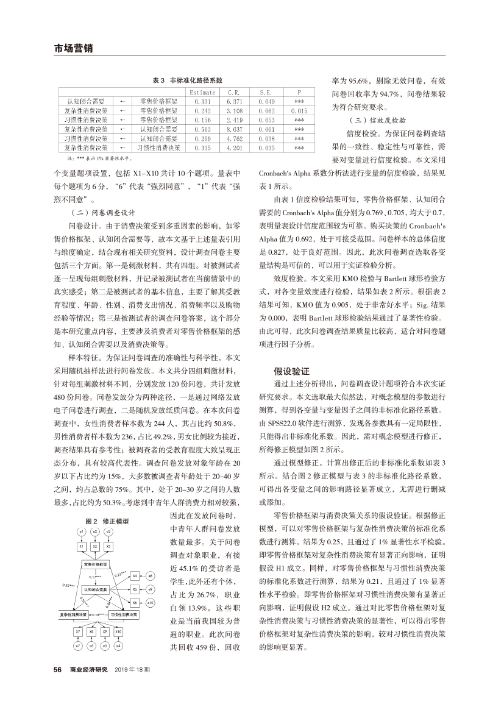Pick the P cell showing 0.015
299,111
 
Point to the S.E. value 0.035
266,147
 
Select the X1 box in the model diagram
80,547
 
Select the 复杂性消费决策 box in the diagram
74,615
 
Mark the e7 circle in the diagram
78,645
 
